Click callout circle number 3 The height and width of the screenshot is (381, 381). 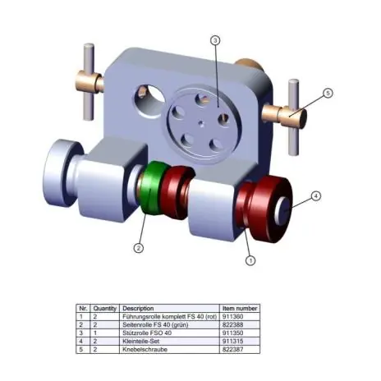point(214,39)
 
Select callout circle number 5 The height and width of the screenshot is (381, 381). point(327,94)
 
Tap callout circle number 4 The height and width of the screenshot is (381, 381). point(316,196)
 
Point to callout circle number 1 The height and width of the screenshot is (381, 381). point(251,259)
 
